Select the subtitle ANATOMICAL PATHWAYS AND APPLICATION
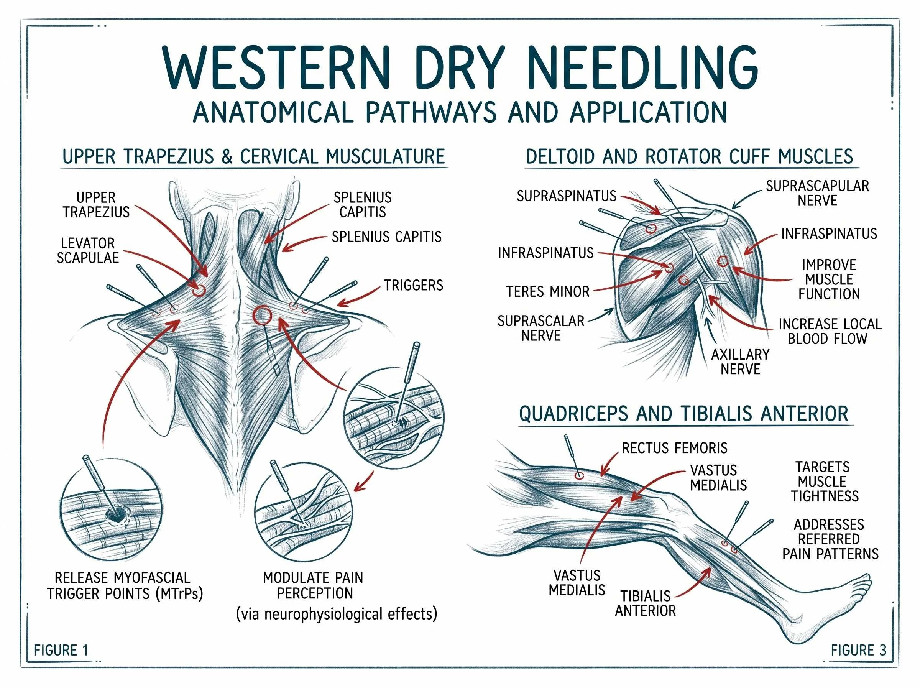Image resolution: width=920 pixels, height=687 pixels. coord(460,112)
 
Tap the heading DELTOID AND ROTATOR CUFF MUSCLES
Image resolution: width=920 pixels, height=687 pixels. coord(690,157)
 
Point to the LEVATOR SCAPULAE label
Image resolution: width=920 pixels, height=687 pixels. coord(88,250)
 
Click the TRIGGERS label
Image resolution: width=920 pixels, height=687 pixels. coord(413,285)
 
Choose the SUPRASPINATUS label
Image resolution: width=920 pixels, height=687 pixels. coord(566,196)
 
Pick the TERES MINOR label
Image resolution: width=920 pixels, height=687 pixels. coord(547,291)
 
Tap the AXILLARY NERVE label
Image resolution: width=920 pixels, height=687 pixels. coord(740,362)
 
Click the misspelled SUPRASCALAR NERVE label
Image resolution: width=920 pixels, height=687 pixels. coord(541,328)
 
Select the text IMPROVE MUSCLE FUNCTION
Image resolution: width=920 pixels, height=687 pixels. coord(829,279)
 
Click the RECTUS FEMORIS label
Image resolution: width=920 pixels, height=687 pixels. coord(674,448)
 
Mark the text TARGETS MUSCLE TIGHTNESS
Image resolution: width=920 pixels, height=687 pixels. coord(825,482)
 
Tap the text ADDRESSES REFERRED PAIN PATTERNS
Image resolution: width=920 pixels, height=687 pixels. coord(830,539)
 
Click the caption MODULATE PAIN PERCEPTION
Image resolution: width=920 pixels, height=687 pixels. coord(314,585)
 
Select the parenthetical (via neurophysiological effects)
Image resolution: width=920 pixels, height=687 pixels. coord(336,614)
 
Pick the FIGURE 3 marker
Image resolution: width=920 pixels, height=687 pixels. coord(858,650)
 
